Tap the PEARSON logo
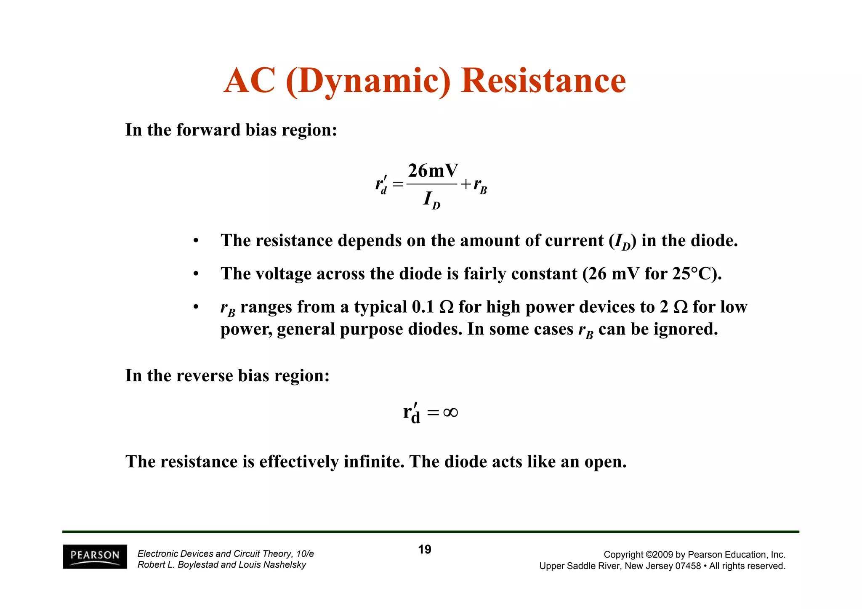pyautogui.click(x=95, y=556)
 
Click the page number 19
pyautogui.click(x=424, y=550)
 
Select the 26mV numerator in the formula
pyautogui.click(x=433, y=171)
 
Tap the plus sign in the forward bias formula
pyautogui.click(x=465, y=184)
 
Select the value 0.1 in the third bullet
pyautogui.click(x=423, y=307)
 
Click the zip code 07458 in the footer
pyautogui.click(x=688, y=566)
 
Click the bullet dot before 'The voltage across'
pyautogui.click(x=195, y=274)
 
